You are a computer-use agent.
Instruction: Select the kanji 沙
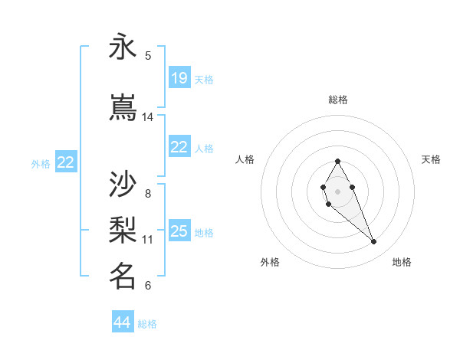coord(123,184)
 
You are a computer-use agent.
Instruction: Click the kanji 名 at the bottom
coord(123,275)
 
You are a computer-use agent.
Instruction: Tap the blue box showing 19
coord(179,78)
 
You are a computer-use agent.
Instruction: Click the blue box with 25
coord(179,231)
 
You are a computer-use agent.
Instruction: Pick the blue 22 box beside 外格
coord(65,162)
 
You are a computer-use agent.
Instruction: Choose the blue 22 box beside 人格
coord(179,147)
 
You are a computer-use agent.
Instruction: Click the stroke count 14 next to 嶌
coord(148,117)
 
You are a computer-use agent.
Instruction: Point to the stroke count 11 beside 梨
coord(148,239)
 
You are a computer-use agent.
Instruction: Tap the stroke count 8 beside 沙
coord(148,193)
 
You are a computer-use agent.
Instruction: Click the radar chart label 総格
coord(338,100)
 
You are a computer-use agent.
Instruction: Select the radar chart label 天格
coord(431,159)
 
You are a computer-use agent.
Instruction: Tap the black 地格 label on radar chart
coord(402,262)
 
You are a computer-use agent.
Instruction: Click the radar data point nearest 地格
coord(374,242)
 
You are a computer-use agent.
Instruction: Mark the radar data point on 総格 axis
coord(338,161)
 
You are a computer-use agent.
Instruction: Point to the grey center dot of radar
coord(338,191)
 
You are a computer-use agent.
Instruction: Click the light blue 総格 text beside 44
coord(148,324)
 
